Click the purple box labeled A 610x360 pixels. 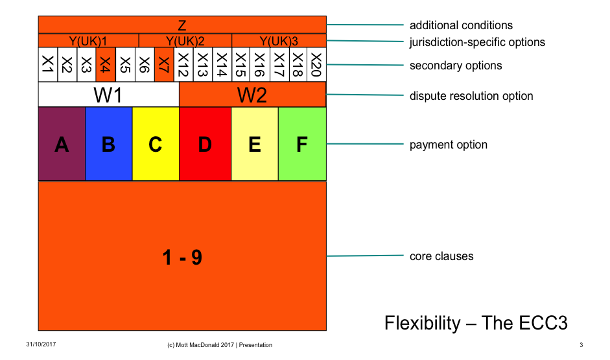[62, 144]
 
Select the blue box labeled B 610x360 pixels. [108, 144]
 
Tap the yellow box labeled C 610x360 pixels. [156, 144]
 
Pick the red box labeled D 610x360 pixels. [205, 144]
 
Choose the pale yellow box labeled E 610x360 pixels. [255, 144]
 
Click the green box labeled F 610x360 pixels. [302, 144]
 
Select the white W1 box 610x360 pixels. [108, 95]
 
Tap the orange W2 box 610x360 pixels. [252, 95]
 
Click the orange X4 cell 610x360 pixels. [106, 65]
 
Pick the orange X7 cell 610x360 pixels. [164, 65]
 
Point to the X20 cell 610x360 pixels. [316, 65]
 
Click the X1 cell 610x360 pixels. [47, 65]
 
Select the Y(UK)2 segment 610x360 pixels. [185, 41]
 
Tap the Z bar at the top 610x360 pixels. [182, 25]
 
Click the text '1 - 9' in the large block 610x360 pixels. [182, 258]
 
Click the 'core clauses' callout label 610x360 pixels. [441, 256]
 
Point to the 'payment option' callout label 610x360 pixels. [448, 145]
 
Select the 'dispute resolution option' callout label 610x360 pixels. [471, 96]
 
